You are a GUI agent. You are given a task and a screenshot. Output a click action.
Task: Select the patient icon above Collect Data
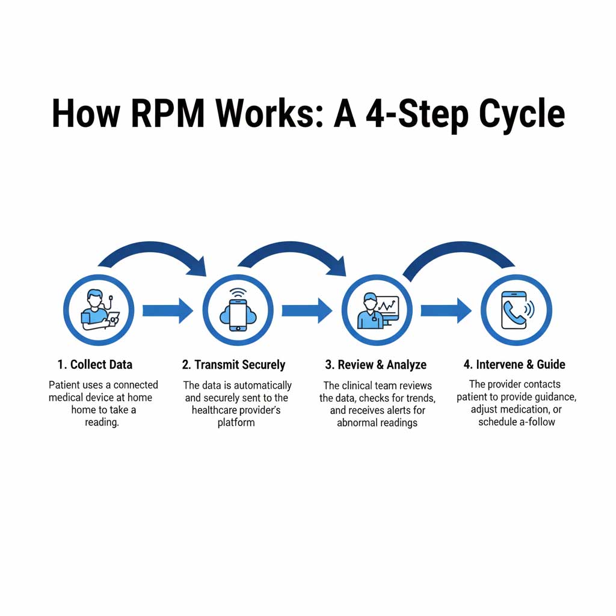coord(99,310)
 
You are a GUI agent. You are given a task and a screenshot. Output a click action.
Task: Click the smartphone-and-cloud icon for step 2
coord(238,310)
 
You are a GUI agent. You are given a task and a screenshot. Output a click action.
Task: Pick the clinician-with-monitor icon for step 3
coord(377,310)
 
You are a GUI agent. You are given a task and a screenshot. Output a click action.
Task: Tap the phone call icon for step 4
coord(516,310)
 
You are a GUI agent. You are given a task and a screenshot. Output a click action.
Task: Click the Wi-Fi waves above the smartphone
coord(238,293)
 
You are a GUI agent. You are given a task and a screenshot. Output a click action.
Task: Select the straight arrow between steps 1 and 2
coord(167,310)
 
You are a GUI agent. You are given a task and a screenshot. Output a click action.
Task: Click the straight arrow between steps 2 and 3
coord(307,310)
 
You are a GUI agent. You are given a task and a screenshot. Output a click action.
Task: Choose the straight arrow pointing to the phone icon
coord(446,310)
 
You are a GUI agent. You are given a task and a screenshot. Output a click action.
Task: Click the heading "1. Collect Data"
coord(95,365)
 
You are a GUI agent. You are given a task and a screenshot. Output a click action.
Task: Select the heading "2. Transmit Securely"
coord(233,365)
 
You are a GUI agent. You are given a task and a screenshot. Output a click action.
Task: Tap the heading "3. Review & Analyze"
coord(376,365)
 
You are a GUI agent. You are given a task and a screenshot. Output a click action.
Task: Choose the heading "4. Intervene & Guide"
coord(514,365)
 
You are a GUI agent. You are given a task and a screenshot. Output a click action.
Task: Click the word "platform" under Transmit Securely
coord(236,422)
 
